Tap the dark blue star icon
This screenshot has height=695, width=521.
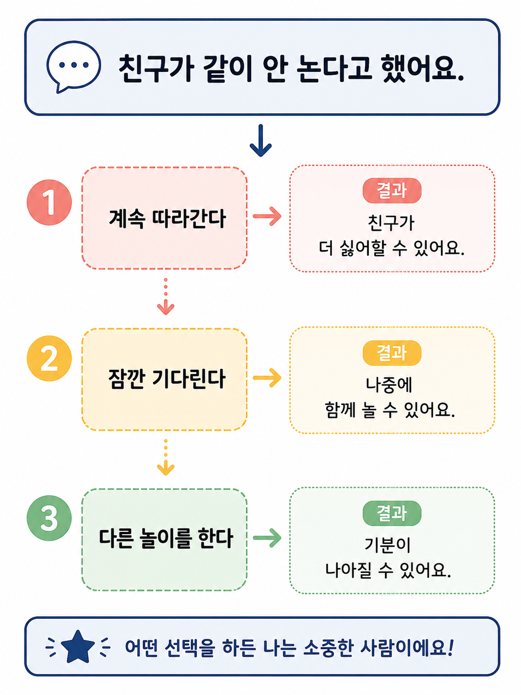(x=78, y=647)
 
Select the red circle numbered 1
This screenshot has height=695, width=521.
(x=49, y=203)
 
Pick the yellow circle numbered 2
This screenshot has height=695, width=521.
(x=49, y=358)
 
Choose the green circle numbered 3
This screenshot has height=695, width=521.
(x=49, y=518)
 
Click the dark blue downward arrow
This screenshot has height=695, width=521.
(x=260, y=140)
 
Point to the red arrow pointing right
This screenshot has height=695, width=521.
(x=267, y=216)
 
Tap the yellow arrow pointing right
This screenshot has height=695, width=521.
(x=267, y=378)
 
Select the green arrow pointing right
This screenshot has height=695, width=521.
(x=267, y=538)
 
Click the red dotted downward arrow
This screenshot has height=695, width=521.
(x=166, y=296)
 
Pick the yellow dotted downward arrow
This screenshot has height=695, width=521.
(x=166, y=457)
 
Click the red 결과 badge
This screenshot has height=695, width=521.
(x=392, y=191)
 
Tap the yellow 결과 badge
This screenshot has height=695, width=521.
(x=392, y=353)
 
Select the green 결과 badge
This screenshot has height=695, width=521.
(x=392, y=513)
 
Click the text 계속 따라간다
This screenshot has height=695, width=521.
(x=167, y=218)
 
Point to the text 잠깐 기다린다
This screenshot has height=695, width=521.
(x=166, y=379)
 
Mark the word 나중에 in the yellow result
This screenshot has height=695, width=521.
(x=389, y=385)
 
